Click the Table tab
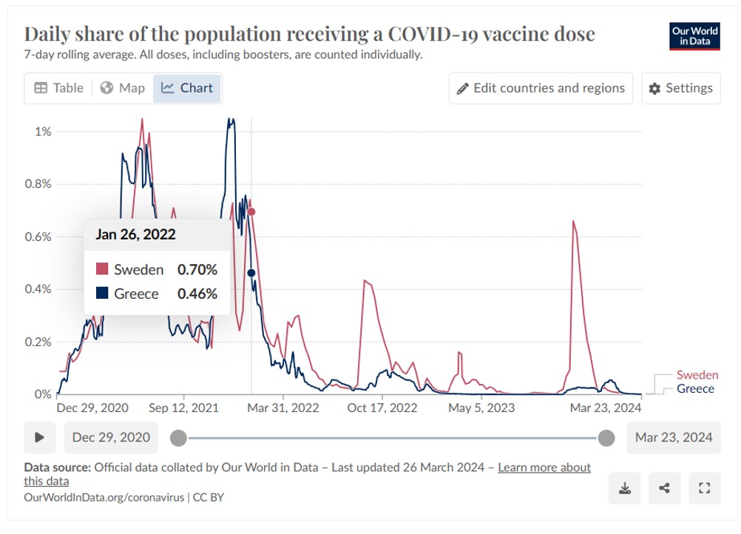tap(59, 88)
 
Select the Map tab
tap(123, 88)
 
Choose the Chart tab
tap(187, 88)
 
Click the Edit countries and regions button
tap(541, 88)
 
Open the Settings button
tap(681, 88)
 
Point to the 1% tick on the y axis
tap(43, 132)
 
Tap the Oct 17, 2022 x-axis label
tap(382, 408)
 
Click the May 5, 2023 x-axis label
tap(481, 408)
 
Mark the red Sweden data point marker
tap(251, 212)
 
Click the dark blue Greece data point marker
tap(251, 273)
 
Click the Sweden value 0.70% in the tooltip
tap(197, 270)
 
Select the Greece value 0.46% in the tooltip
tap(197, 294)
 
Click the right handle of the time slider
tap(606, 438)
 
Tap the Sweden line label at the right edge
tap(697, 375)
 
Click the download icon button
tap(625, 488)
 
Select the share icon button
tap(665, 488)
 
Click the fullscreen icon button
tap(704, 488)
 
